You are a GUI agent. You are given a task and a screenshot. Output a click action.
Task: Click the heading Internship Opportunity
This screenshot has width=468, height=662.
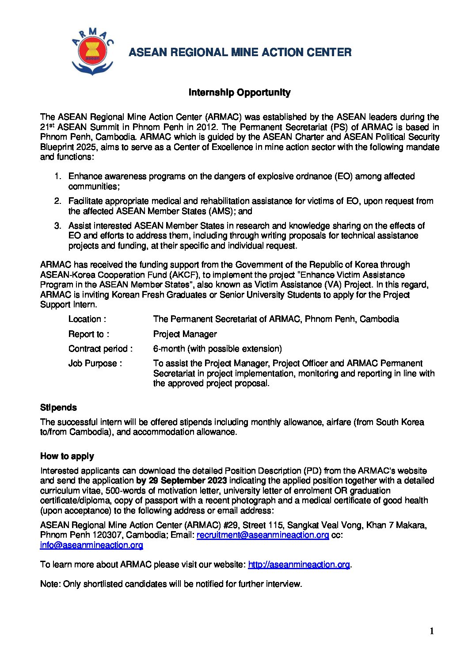click(240, 92)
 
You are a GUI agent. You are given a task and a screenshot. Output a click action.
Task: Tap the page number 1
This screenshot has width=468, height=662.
click(432, 631)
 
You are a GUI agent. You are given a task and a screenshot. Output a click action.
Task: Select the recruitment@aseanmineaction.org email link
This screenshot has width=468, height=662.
click(263, 535)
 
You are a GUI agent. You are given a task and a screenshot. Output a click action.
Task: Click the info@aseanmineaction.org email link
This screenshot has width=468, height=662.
click(91, 545)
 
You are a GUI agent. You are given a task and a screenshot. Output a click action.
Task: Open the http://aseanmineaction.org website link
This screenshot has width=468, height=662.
click(299, 564)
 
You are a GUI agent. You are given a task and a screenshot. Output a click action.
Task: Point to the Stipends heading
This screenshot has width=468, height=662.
click(58, 407)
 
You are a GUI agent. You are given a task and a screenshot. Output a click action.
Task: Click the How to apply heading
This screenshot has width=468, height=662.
click(67, 456)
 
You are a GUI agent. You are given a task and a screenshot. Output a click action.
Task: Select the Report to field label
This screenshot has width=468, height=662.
click(88, 334)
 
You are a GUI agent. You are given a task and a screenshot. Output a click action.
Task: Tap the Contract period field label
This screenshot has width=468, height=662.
click(100, 348)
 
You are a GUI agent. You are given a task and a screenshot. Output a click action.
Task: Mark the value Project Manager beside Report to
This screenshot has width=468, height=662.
click(185, 334)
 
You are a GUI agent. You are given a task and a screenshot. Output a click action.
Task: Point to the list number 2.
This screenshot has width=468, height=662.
click(57, 201)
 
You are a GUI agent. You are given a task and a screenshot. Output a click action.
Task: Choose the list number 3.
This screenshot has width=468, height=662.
click(57, 226)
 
